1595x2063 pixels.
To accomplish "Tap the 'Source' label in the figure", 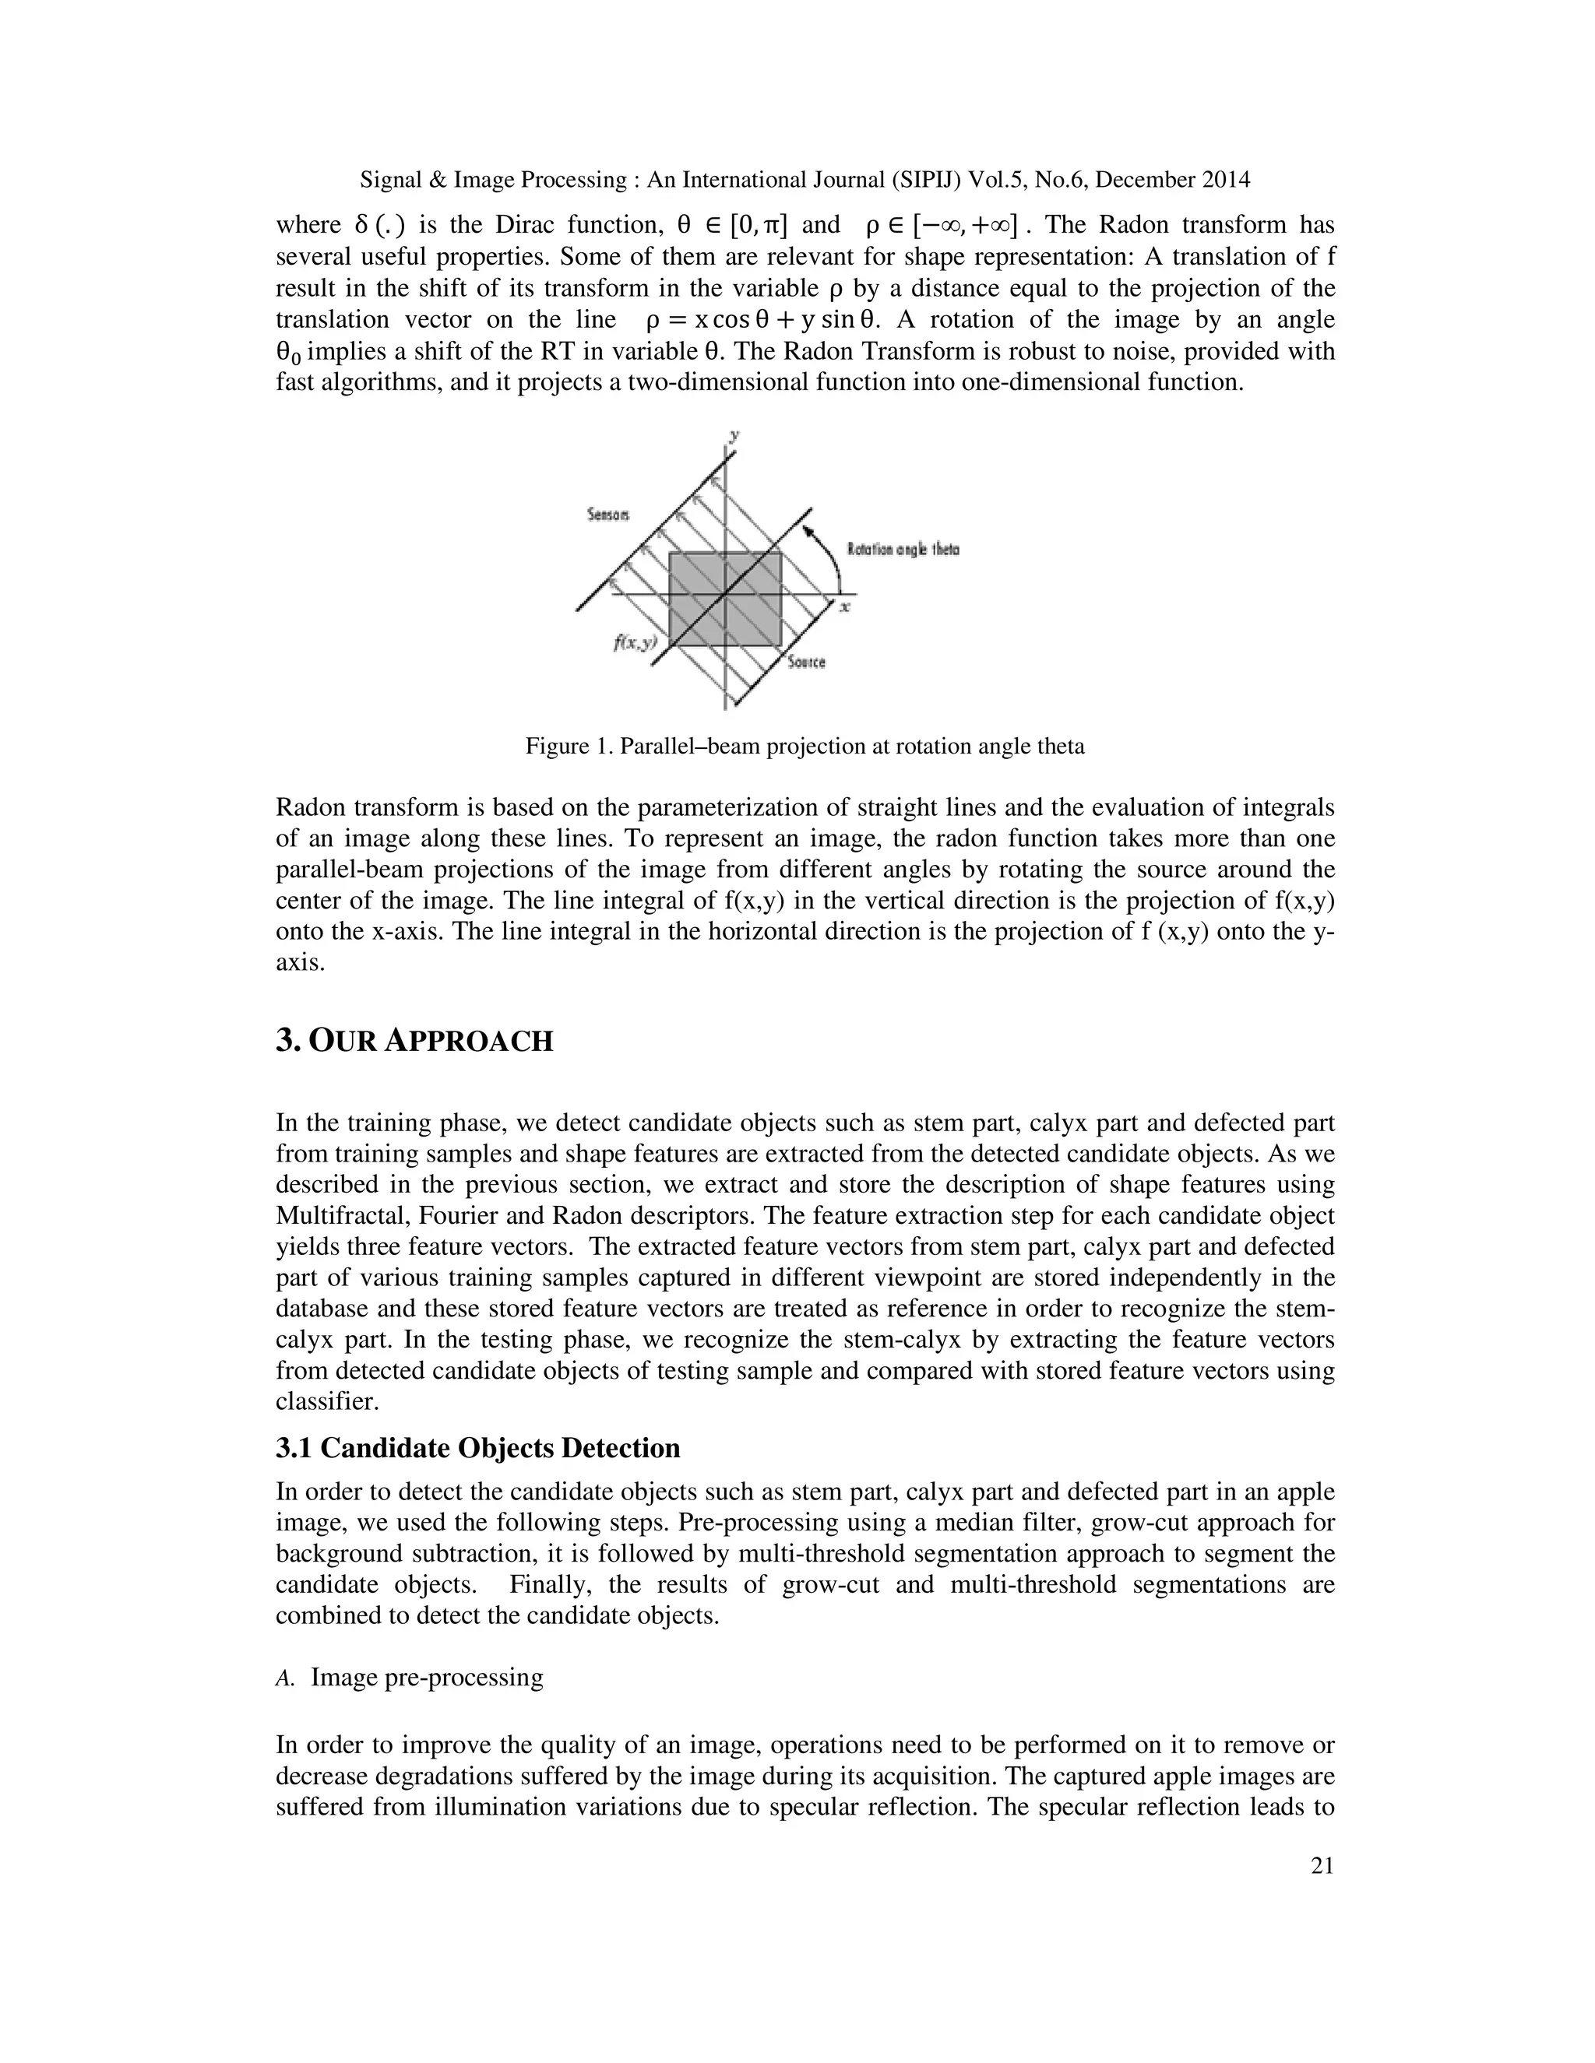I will (x=806, y=662).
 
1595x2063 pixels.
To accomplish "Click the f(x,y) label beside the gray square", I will (x=635, y=642).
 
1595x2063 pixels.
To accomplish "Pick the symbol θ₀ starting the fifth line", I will (x=288, y=353).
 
